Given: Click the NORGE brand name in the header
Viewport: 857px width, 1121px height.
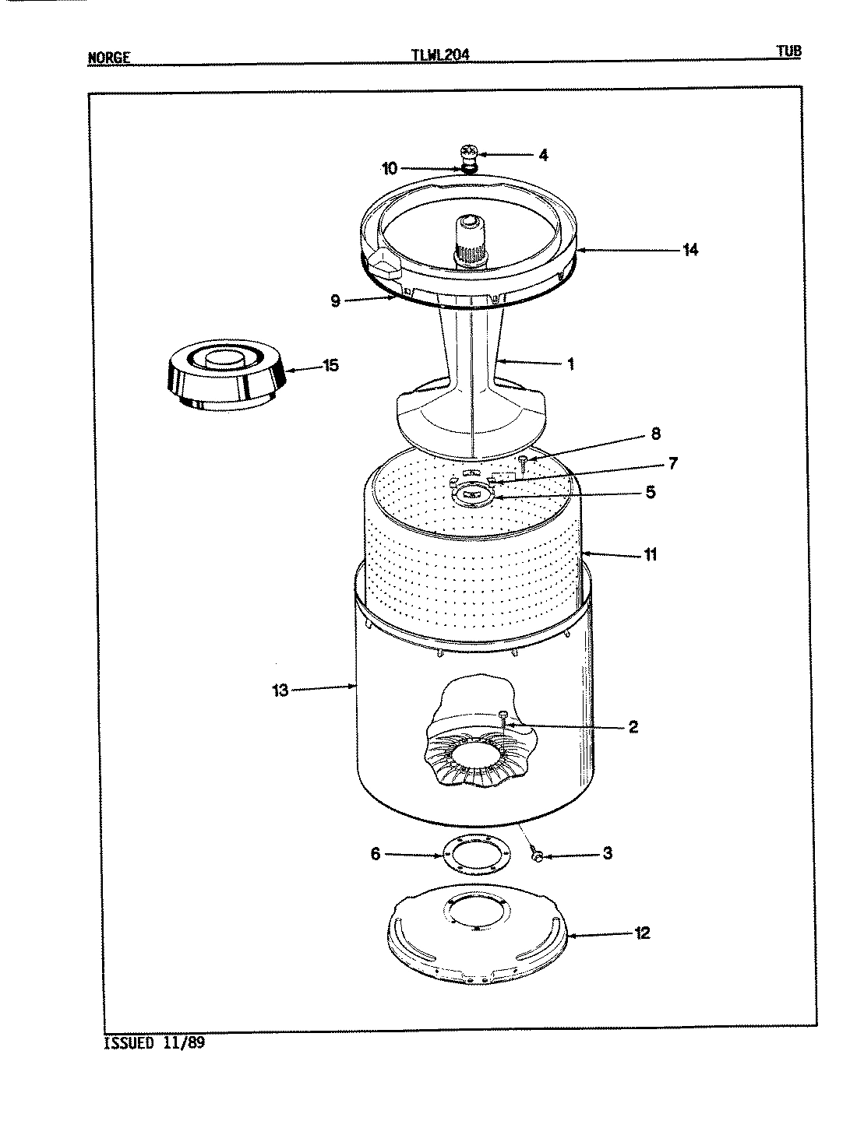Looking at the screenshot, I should pyautogui.click(x=108, y=58).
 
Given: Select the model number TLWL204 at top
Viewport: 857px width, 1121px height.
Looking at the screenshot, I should pyautogui.click(x=439, y=55).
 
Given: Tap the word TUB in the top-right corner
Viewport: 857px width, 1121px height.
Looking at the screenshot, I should pyautogui.click(x=788, y=52).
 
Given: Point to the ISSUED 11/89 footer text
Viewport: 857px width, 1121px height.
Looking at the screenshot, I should pyautogui.click(x=154, y=1043).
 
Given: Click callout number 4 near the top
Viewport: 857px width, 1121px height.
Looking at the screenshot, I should pyautogui.click(x=542, y=155).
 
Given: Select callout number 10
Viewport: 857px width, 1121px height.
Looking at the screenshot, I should pyautogui.click(x=390, y=168).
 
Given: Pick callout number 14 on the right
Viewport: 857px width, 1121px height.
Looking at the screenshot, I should pyautogui.click(x=689, y=250).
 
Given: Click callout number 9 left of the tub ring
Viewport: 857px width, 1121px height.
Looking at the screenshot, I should pyautogui.click(x=335, y=301).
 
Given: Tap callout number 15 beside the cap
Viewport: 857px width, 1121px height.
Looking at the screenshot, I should pyautogui.click(x=330, y=365).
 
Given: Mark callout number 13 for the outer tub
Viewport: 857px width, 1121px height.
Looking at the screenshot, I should pyautogui.click(x=280, y=690).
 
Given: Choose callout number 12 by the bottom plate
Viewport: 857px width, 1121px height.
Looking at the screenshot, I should pyautogui.click(x=642, y=933).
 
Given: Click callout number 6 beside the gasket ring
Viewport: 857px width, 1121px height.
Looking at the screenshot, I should pyautogui.click(x=375, y=855).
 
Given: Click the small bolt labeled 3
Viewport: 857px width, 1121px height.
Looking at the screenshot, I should pyautogui.click(x=536, y=856).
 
